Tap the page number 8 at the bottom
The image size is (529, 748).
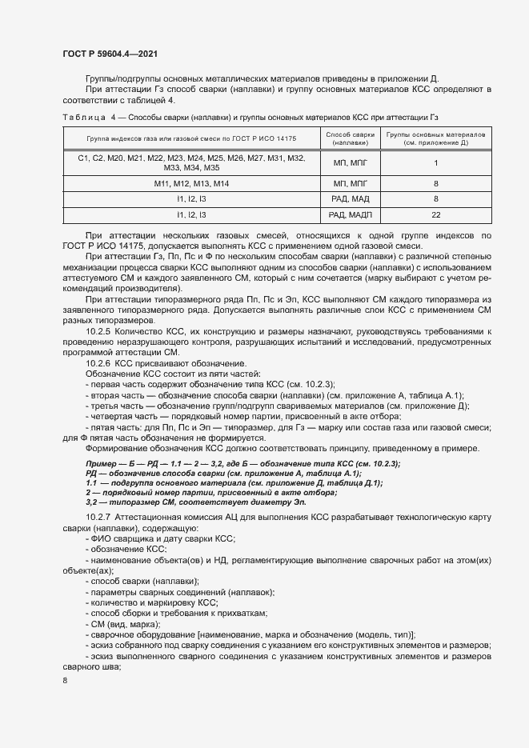click(65, 681)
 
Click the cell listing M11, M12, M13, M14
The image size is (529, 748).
click(191, 184)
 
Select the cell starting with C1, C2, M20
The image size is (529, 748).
click(191, 163)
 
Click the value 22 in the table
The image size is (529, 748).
click(436, 216)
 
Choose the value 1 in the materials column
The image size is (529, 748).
click(436, 163)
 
